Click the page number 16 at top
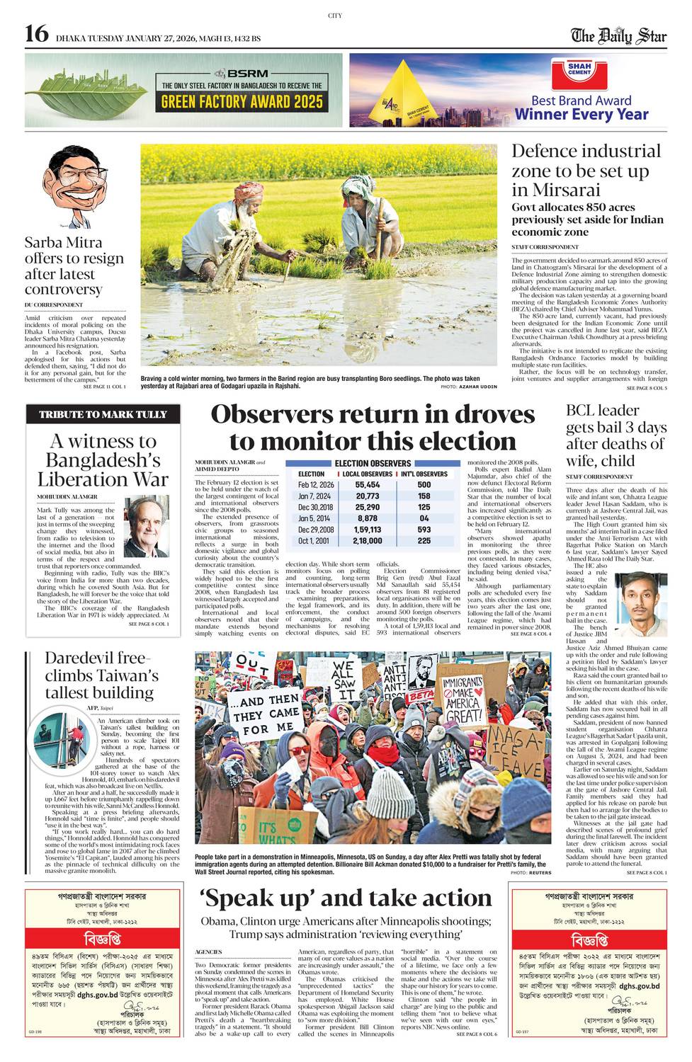pos(36,34)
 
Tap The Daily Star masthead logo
pos(620,35)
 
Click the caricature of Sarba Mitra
pos(72,188)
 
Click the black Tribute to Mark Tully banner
pos(103,414)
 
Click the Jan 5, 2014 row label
pos(315,518)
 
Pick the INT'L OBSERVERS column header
pos(424,474)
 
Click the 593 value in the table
pos(424,530)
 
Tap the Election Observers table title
pos(373,463)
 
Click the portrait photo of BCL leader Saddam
pos(643,605)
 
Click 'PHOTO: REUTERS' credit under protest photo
pos(530,873)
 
